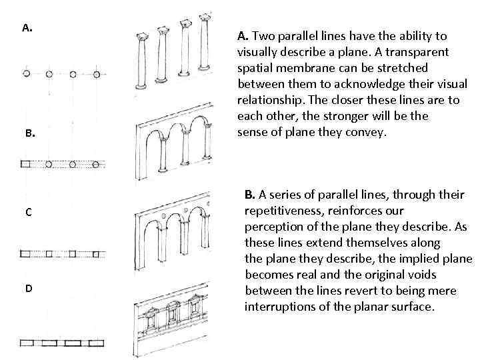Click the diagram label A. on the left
click(27, 28)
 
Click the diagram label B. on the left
click(29, 133)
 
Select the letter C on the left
click(28, 212)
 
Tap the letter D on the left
click(29, 288)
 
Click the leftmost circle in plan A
click(26, 73)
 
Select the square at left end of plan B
click(25, 163)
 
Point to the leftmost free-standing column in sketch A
click(140, 63)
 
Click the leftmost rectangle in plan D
click(30, 343)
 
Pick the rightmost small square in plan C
click(97, 253)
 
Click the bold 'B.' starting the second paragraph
click(250, 195)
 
